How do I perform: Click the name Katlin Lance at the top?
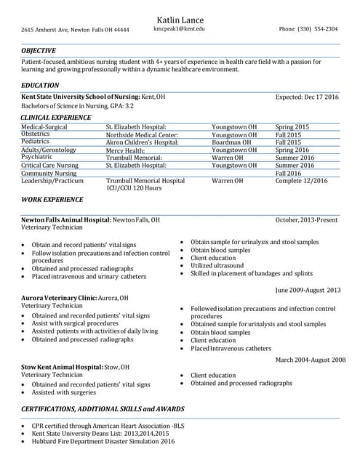point(180,20)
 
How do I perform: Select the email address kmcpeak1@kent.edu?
point(180,29)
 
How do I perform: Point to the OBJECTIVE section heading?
point(39,51)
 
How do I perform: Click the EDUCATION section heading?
point(41,86)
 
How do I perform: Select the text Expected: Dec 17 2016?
point(307,97)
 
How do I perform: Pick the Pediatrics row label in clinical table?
point(36,142)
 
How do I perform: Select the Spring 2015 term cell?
point(292,127)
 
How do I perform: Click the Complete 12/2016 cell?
point(301,180)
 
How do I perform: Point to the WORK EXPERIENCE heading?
point(52,199)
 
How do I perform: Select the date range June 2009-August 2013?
point(308,290)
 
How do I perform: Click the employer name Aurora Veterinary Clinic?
point(59,298)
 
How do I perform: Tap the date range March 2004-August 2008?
point(310,360)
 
